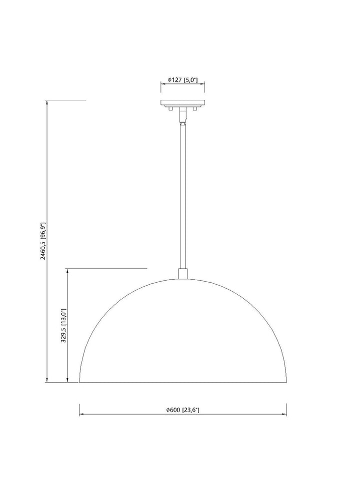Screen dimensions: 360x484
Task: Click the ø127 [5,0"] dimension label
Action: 182,80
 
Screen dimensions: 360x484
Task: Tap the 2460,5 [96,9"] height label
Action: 43,241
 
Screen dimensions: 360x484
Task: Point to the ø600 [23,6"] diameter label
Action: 182,410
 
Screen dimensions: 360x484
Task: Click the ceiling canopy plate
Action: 182,103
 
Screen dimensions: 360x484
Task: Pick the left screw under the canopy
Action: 170,108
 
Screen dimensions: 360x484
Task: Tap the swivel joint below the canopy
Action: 182,116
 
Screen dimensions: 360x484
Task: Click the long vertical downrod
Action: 182,196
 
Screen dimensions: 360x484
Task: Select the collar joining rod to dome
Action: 182,274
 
